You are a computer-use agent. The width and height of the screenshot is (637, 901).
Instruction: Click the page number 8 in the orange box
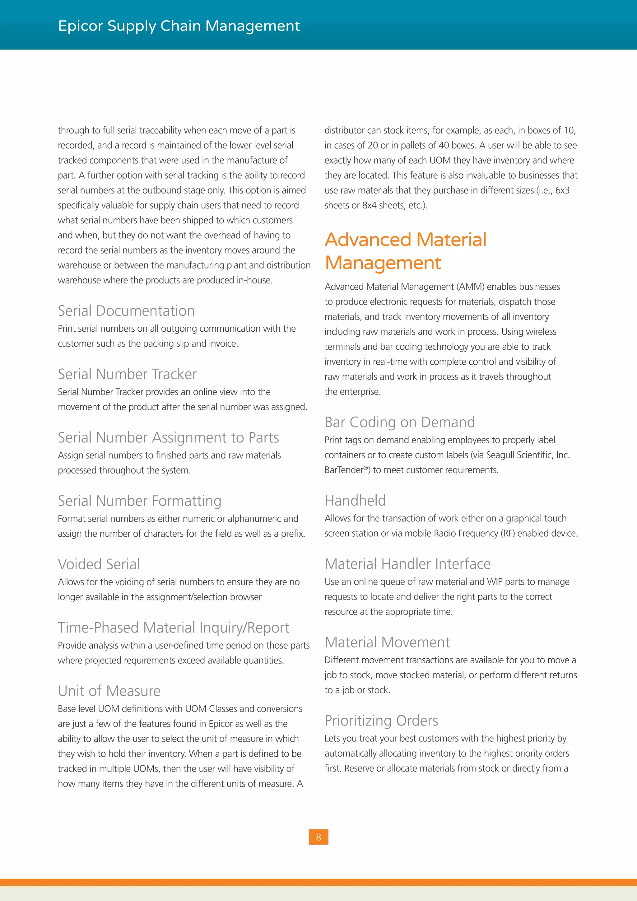(318, 837)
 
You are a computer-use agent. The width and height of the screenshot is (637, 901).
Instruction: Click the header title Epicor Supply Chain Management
(179, 26)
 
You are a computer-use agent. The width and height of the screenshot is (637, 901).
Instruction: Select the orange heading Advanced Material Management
(405, 251)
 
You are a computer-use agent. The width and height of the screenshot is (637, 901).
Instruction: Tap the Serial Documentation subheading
(126, 311)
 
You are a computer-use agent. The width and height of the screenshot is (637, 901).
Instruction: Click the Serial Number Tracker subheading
(127, 374)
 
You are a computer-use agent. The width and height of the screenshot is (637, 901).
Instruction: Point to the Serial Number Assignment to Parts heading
(168, 437)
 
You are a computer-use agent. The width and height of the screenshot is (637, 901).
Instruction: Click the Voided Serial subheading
(99, 564)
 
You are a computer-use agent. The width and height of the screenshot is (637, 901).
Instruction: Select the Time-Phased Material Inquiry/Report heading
(173, 628)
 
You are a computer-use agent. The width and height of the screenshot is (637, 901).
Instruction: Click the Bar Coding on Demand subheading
(399, 422)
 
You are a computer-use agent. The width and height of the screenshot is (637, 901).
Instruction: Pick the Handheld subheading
(355, 500)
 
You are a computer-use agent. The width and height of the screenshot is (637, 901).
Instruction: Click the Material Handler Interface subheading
(407, 564)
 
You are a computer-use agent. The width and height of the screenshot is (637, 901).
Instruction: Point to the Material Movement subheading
(387, 642)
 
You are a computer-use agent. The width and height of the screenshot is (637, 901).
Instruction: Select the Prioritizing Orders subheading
(381, 721)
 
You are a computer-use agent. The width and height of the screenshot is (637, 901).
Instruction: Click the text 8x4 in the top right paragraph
(370, 205)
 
